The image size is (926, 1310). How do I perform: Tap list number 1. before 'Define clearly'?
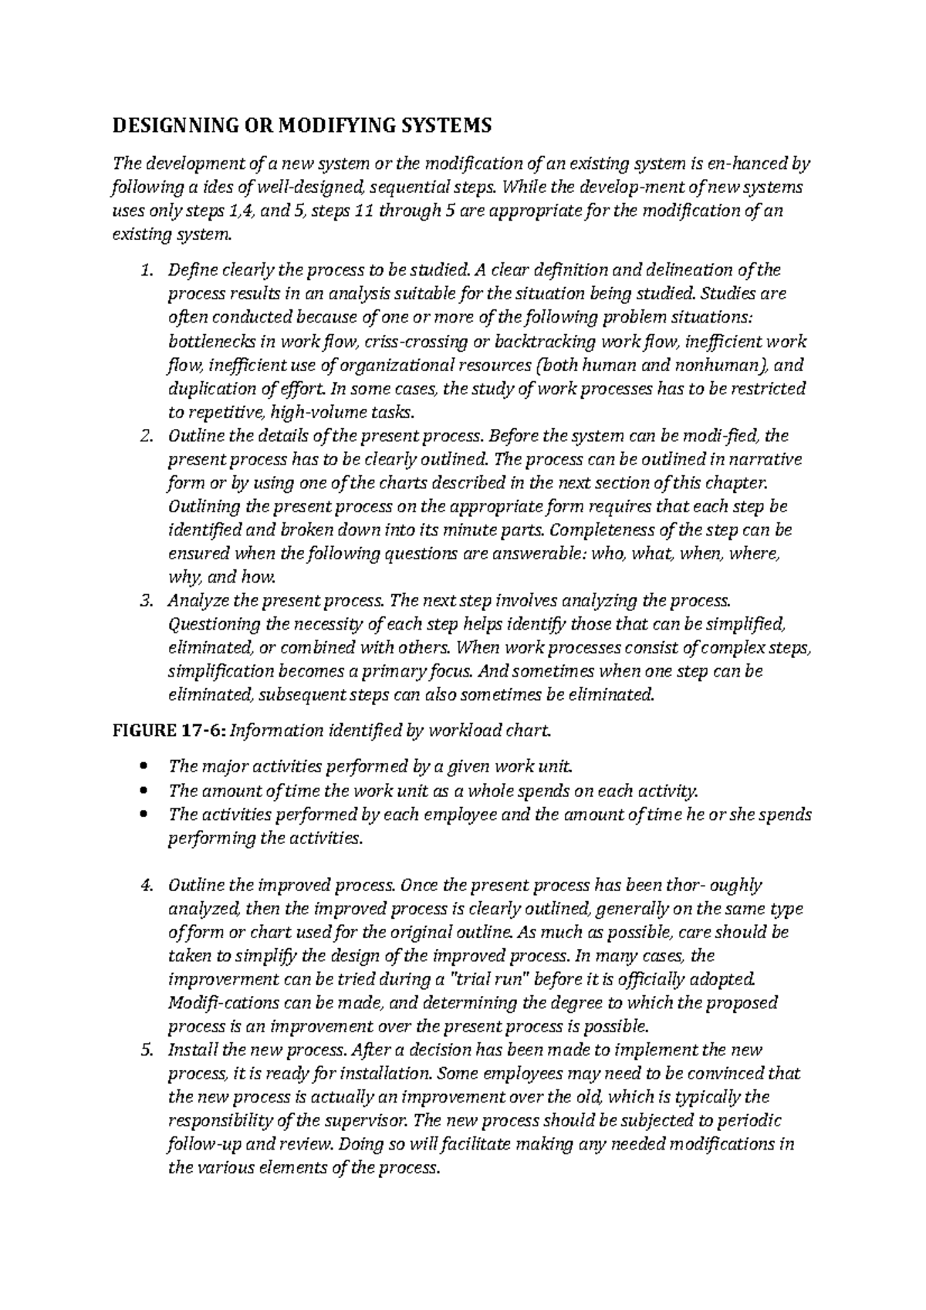[146, 270]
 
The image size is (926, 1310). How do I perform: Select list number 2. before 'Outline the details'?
[146, 436]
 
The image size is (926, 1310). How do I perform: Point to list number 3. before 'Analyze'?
[146, 600]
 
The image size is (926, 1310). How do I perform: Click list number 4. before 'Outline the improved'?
[146, 885]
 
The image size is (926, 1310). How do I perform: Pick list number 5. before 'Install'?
[146, 1050]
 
